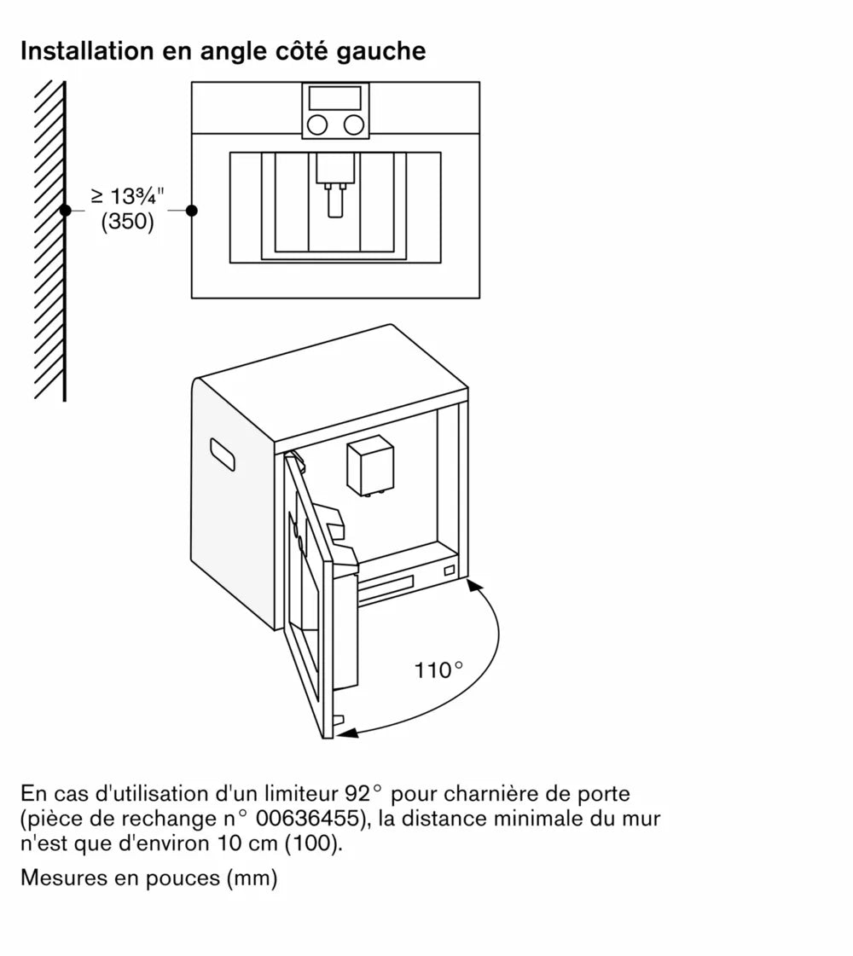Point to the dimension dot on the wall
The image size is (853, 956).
pyautogui.click(x=65, y=210)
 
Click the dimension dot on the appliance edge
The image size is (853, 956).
pyautogui.click(x=192, y=210)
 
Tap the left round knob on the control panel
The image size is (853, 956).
pyautogui.click(x=317, y=125)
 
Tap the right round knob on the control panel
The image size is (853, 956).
pyautogui.click(x=352, y=125)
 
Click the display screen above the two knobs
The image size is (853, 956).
pyautogui.click(x=335, y=97)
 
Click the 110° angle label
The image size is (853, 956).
pyautogui.click(x=438, y=671)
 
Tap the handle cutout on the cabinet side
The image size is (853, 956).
pyautogui.click(x=223, y=455)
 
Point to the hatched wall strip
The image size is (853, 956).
pyautogui.click(x=50, y=239)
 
